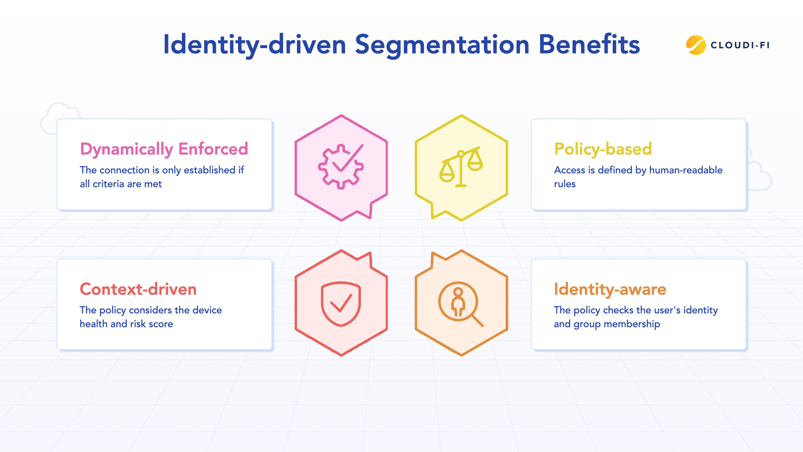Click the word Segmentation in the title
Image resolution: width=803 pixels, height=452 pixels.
[442, 45]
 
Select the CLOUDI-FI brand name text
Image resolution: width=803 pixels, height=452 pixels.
[740, 45]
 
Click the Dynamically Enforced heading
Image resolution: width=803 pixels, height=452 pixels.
[164, 149]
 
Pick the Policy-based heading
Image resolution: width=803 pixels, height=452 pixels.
[603, 149]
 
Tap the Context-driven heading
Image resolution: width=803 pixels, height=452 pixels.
[138, 289]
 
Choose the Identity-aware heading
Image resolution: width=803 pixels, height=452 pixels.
[610, 289]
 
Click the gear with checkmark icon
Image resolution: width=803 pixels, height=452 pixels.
[341, 166]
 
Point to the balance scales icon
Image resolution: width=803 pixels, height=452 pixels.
[461, 167]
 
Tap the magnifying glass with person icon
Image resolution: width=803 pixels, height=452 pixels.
[460, 303]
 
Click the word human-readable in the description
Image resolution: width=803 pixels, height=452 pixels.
[685, 170]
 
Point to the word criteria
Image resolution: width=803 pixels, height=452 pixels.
[108, 184]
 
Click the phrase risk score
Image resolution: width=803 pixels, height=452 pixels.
[151, 324]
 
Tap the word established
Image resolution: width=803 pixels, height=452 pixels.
[210, 170]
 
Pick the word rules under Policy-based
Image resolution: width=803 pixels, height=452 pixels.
[565, 184]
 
